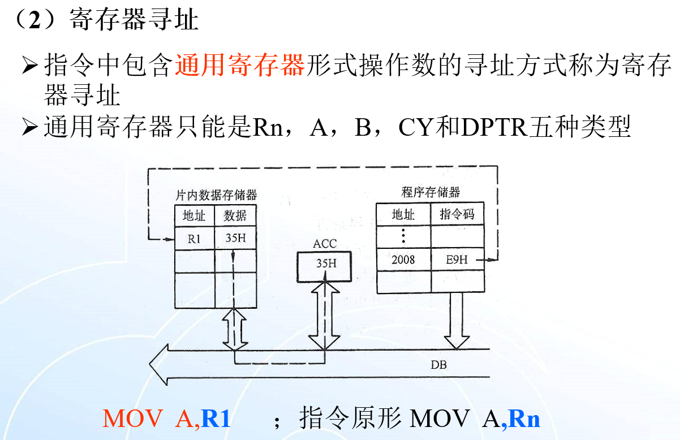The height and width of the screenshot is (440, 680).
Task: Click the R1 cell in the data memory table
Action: pyautogui.click(x=194, y=239)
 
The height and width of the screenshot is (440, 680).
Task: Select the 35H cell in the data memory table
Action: pyautogui.click(x=235, y=238)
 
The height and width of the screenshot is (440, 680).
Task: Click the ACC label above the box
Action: pyautogui.click(x=324, y=244)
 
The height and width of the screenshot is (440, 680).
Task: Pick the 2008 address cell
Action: pyautogui.click(x=403, y=259)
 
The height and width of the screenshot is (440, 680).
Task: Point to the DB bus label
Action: pyautogui.click(x=438, y=365)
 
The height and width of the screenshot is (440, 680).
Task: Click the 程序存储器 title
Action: pyautogui.click(x=431, y=192)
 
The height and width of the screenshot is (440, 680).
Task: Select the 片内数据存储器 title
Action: pyautogui.click(x=216, y=195)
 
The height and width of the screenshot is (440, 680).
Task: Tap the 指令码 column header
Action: pyautogui.click(x=457, y=214)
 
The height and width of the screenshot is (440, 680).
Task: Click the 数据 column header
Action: pyautogui.click(x=235, y=215)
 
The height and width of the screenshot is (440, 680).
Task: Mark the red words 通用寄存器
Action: pyautogui.click(x=240, y=66)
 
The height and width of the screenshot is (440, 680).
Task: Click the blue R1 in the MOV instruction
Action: pyautogui.click(x=216, y=419)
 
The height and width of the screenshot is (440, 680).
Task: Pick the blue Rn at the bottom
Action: pyautogui.click(x=524, y=419)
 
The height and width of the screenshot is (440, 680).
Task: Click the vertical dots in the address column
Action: pyautogui.click(x=403, y=235)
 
